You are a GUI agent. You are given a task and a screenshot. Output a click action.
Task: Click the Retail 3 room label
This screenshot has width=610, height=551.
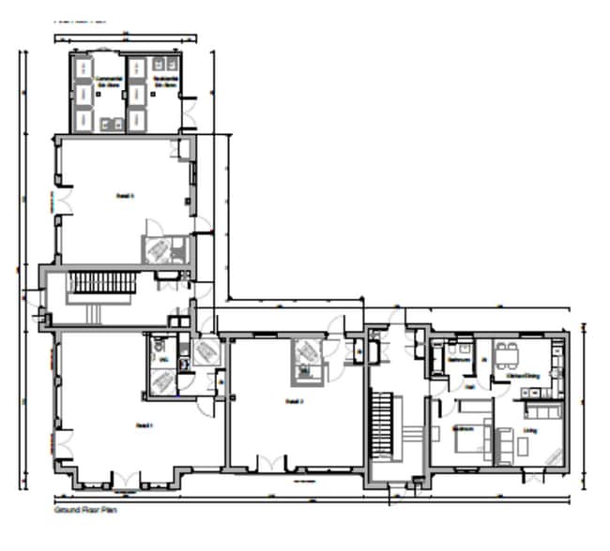[x=125, y=196]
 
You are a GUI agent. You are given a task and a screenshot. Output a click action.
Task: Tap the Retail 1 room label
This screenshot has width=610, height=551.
[x=144, y=424]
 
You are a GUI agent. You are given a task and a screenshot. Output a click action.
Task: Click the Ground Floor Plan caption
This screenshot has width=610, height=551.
[x=85, y=512]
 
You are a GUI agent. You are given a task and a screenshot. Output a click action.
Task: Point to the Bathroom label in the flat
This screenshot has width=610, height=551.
[x=459, y=360]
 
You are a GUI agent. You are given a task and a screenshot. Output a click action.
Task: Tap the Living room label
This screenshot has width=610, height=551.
[x=531, y=432]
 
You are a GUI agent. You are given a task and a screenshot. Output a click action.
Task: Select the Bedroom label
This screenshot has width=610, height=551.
[x=463, y=428]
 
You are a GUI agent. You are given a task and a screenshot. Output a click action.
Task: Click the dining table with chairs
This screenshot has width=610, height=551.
[x=507, y=354]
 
